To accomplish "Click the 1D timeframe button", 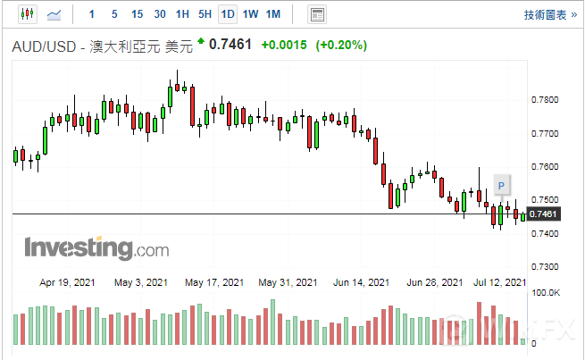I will click(228, 14).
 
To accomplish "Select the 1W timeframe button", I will click(251, 14).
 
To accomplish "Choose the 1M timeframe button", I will click(273, 14).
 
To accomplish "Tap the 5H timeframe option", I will click(205, 14).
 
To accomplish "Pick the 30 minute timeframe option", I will click(159, 14).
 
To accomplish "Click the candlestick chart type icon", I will click(25, 14).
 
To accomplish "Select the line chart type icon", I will click(54, 14).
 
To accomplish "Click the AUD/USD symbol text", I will click(46, 46).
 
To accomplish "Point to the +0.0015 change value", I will click(284, 46).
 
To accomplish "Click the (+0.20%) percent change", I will click(341, 46).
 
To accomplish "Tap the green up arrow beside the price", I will click(201, 41).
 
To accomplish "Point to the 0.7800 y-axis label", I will click(545, 99).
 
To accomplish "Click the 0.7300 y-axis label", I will click(545, 267).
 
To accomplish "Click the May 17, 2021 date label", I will click(214, 282).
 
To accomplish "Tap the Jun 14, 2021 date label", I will click(361, 282).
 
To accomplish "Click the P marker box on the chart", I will click(502, 185).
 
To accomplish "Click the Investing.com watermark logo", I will click(96, 247).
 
